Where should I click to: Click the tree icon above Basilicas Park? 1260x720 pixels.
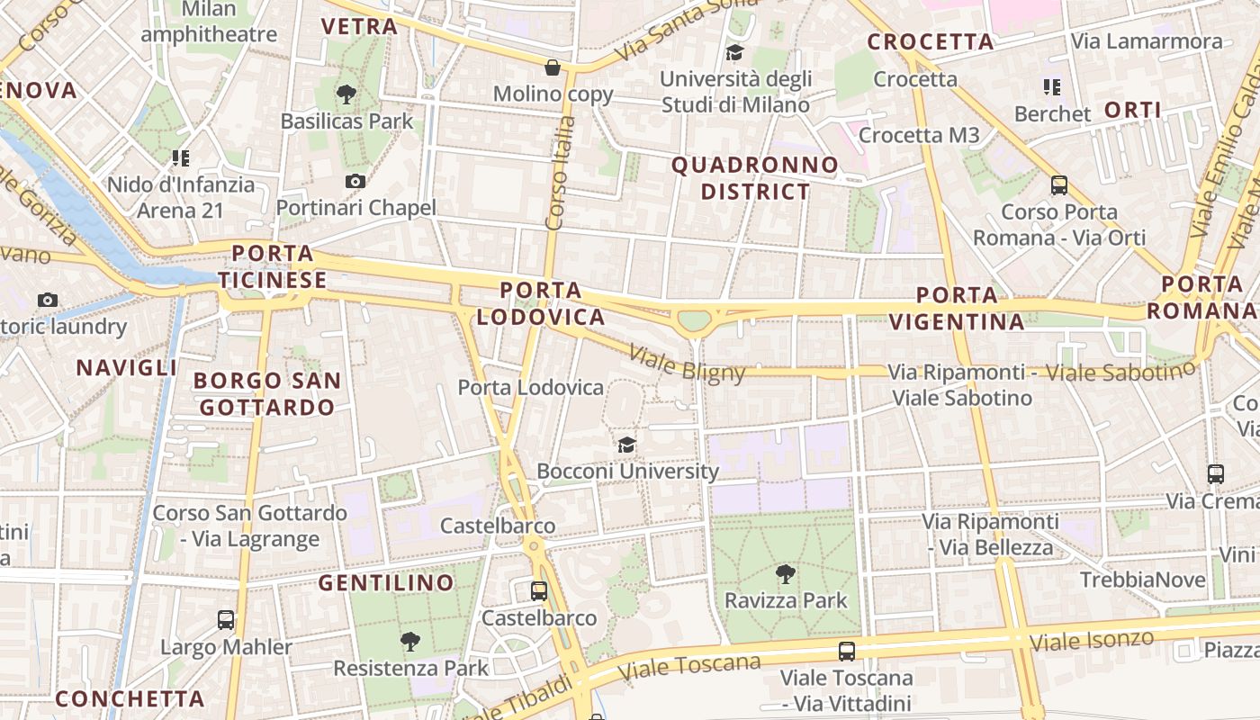[346, 94]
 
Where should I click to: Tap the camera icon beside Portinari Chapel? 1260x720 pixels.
[355, 181]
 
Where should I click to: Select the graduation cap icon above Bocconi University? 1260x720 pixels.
[627, 445]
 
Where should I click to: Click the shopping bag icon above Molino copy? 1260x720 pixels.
[553, 67]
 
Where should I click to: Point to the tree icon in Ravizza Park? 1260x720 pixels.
[786, 573]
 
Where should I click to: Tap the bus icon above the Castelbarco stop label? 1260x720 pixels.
[538, 591]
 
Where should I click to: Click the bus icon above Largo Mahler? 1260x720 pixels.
[226, 620]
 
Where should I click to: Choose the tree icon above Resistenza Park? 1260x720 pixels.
[410, 642]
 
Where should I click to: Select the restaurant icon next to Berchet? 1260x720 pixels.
[1051, 87]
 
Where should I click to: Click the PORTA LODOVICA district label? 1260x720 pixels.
[541, 303]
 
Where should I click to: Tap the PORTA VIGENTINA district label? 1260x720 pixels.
[957, 308]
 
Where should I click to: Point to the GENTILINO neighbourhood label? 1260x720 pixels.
[386, 583]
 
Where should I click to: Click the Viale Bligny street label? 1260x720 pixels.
[688, 363]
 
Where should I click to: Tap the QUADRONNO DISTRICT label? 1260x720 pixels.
[755, 178]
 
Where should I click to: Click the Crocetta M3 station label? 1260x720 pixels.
[919, 135]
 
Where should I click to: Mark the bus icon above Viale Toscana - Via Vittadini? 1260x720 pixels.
[846, 652]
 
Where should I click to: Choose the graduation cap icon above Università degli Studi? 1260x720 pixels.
[735, 52]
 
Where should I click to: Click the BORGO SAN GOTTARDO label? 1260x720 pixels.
[267, 394]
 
